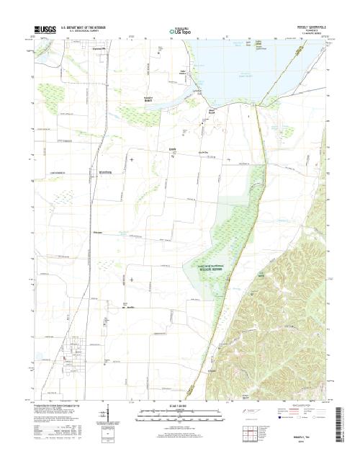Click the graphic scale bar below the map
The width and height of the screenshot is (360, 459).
(180, 416)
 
